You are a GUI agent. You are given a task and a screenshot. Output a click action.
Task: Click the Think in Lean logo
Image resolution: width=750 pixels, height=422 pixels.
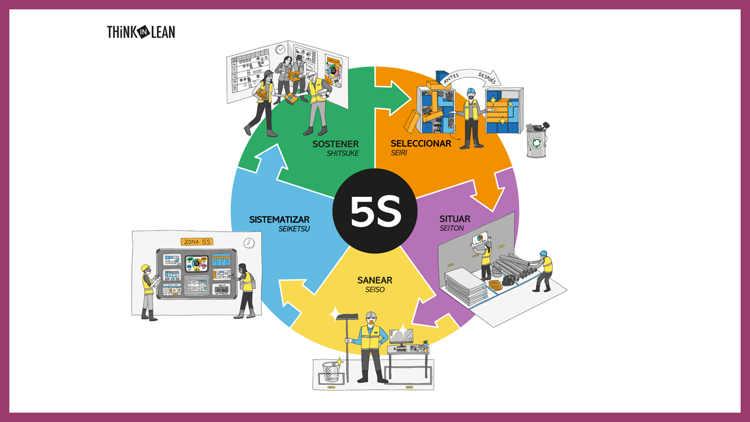coord(141,32)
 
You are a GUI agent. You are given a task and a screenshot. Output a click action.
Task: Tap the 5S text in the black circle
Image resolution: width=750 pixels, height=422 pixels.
coord(376,211)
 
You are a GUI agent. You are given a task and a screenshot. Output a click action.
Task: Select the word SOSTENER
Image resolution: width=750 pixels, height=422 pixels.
coord(335,144)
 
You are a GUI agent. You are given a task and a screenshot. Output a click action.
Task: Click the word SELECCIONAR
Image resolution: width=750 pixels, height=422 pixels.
coord(421,144)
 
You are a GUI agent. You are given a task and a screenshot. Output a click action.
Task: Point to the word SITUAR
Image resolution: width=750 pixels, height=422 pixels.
coord(455,219)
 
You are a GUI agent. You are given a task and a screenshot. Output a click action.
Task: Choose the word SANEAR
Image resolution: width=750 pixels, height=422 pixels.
coord(374,280)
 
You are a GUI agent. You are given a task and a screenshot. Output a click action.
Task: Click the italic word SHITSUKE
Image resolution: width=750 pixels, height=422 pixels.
coord(343,154)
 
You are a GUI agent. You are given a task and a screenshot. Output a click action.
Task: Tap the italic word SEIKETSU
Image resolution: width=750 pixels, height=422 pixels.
coord(294,229)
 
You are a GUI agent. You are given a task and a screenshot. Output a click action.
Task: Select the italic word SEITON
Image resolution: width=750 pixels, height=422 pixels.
coord(452,229)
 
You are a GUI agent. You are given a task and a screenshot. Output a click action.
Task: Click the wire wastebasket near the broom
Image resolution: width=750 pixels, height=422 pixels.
coord(331,372)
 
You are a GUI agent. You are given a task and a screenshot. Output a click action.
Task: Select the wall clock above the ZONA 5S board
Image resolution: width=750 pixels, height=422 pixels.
coord(249,243)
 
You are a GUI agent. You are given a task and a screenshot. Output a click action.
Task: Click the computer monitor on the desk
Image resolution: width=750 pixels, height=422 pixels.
coord(401,336)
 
